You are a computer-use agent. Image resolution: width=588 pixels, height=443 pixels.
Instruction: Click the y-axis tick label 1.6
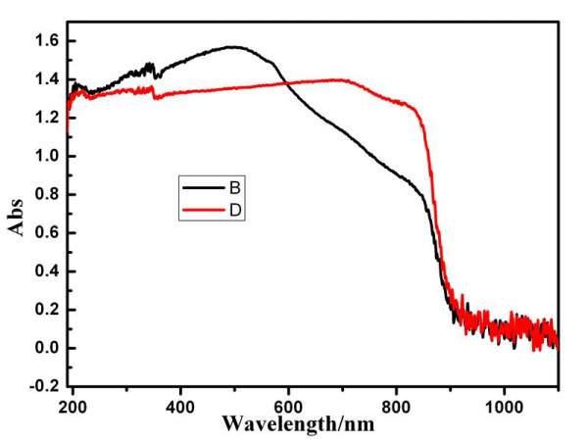click(47, 41)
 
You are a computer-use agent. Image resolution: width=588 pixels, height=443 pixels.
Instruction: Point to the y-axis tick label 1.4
click(47, 79)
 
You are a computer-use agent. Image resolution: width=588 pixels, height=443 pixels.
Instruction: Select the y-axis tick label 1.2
click(47, 118)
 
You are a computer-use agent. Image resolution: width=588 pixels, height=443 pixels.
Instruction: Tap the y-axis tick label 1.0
click(47, 156)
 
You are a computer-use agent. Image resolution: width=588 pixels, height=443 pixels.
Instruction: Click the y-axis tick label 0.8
click(47, 194)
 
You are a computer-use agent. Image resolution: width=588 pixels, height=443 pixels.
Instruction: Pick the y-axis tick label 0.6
click(47, 232)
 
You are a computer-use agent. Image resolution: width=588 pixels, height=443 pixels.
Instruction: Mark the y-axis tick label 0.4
click(47, 271)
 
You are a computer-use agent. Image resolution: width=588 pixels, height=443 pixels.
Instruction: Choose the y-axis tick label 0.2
click(47, 309)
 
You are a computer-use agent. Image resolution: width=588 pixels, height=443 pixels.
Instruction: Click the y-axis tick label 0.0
click(47, 348)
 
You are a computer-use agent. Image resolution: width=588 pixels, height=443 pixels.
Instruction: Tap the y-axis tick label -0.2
click(45, 386)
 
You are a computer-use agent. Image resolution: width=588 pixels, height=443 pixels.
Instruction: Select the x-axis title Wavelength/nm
click(314, 425)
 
